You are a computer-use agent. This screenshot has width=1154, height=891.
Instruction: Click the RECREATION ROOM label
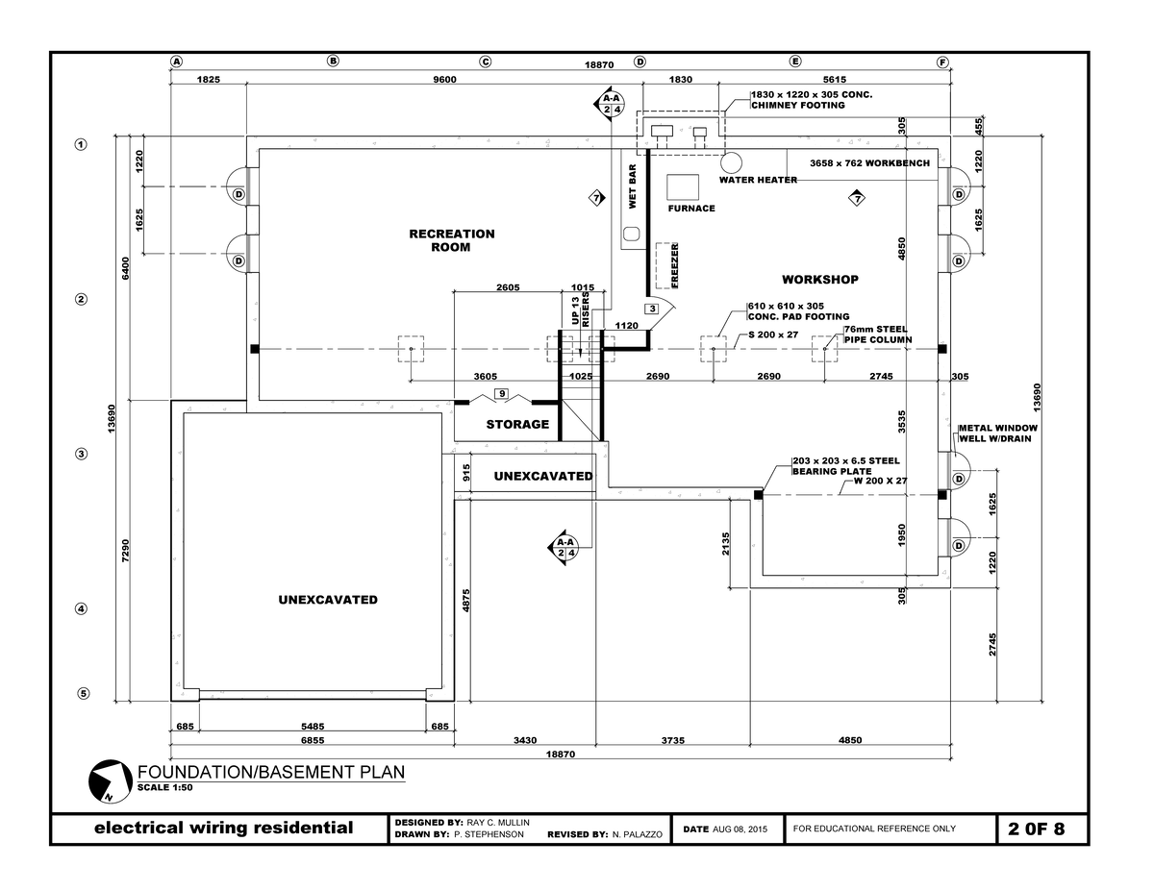(451, 240)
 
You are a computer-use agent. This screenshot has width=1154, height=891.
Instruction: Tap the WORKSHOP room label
(819, 280)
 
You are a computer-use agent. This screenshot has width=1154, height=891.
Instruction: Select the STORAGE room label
(517, 424)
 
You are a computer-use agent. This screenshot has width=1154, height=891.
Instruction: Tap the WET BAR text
(633, 186)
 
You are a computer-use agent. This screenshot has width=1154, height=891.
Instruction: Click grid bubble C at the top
(485, 62)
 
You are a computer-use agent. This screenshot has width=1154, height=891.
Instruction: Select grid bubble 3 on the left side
(82, 454)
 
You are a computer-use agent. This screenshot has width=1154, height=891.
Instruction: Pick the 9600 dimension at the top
(444, 81)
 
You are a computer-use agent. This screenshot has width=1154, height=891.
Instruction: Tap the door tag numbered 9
(501, 394)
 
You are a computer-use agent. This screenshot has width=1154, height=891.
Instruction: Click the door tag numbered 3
(651, 309)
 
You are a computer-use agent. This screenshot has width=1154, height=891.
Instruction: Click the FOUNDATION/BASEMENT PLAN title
(271, 772)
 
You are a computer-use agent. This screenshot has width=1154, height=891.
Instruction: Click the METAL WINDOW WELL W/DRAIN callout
(997, 433)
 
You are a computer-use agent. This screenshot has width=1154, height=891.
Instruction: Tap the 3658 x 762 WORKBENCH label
(869, 163)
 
